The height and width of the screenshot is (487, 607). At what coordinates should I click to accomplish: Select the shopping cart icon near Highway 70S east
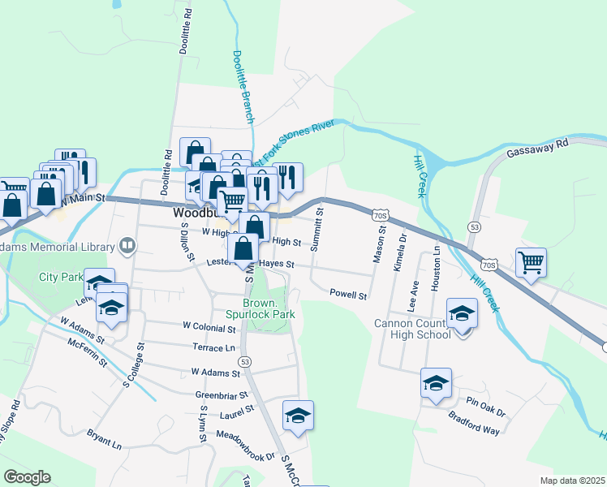(531, 262)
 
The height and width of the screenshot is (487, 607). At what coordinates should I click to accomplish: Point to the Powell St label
(349, 295)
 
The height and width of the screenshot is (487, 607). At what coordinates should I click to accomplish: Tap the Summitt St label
(320, 228)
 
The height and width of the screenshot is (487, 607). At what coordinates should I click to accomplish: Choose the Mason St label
(377, 243)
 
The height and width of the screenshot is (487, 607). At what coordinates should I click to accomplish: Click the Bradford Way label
(474, 423)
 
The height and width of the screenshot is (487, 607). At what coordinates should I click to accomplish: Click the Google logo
(27, 477)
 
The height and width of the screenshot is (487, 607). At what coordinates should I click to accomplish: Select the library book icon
(127, 244)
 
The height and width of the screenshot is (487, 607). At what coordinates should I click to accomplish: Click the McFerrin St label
(88, 351)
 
